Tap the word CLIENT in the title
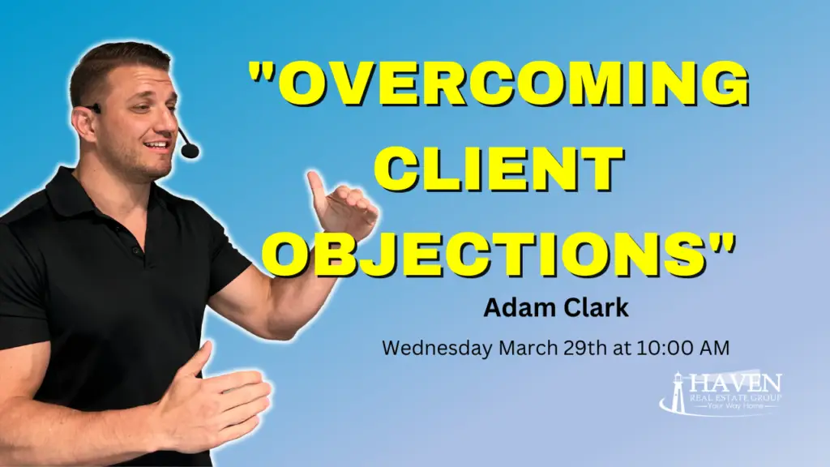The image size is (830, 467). [x=503, y=172]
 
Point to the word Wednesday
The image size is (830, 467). [x=436, y=349]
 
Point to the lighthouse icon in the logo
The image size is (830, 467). [x=674, y=392]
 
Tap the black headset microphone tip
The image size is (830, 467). [x=189, y=151]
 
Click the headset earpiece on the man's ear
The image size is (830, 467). [x=96, y=108]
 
